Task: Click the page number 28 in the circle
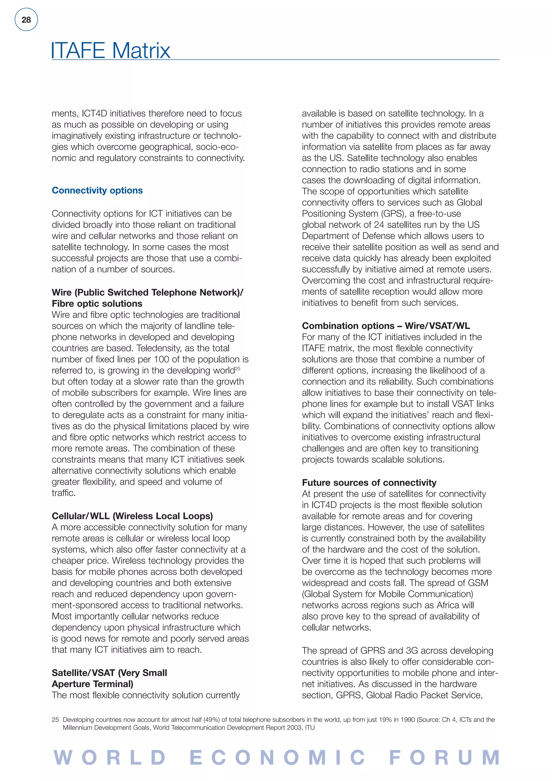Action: click(26, 20)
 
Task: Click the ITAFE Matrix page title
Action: click(111, 50)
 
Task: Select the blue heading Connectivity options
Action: click(97, 190)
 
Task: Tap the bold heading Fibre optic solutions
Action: click(97, 303)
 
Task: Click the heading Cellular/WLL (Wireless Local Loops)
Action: click(132, 516)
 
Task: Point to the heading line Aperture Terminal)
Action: click(92, 684)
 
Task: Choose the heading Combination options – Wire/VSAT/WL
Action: click(386, 326)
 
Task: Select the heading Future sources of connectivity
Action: click(369, 482)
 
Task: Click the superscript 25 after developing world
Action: click(237, 368)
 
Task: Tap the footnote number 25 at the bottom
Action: click(55, 720)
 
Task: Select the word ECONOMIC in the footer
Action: click(277, 758)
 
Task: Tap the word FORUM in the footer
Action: click(444, 758)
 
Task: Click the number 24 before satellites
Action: click(380, 225)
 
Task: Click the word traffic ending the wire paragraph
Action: click(64, 493)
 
